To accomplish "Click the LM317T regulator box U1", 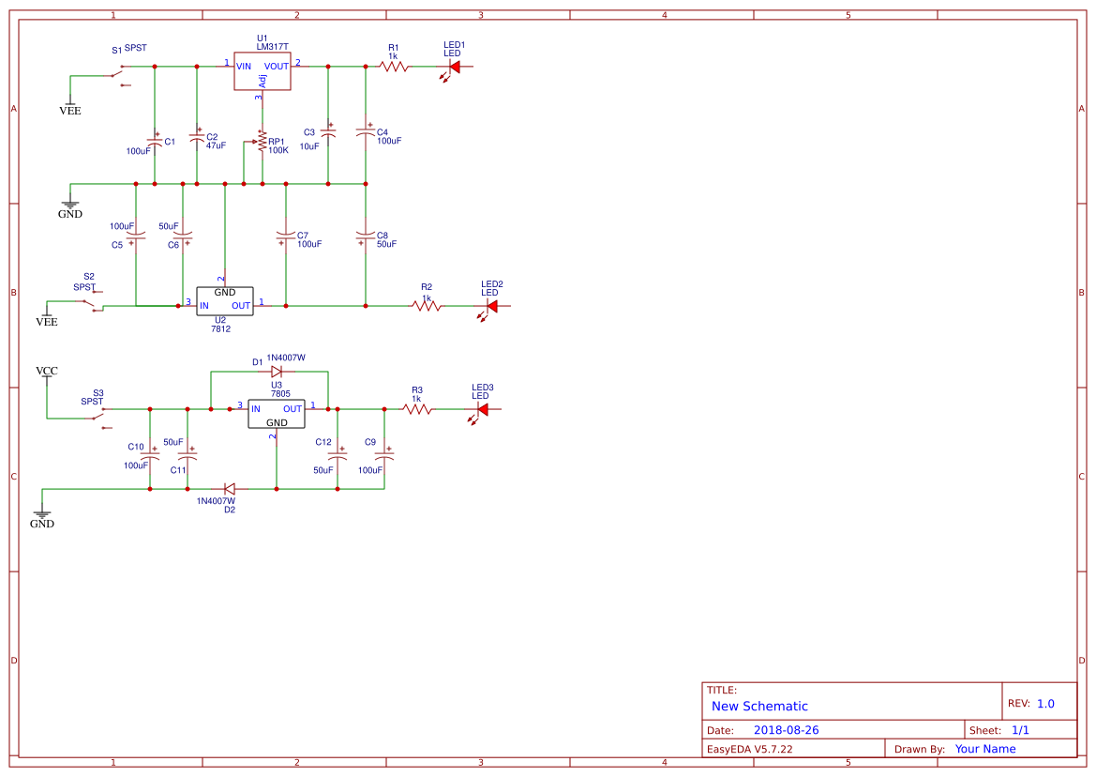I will point(263,71).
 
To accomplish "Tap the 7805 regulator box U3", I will point(277,414).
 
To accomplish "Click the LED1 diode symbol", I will point(455,67).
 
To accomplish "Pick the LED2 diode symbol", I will point(491,305).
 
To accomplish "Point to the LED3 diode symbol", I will point(483,409).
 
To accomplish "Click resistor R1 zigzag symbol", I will point(394,67).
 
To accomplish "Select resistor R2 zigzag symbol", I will point(427,305).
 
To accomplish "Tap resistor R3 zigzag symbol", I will point(417,409).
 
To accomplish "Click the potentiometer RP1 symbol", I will point(262,145).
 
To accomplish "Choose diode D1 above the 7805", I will point(277,372).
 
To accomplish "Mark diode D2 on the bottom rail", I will point(229,489).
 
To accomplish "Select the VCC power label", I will point(46,372).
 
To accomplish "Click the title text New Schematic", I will point(759,707).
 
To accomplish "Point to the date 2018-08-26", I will point(786,730).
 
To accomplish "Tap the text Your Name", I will point(985,749).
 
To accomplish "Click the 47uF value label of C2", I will point(216,146).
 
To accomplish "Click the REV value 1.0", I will point(1045,704).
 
